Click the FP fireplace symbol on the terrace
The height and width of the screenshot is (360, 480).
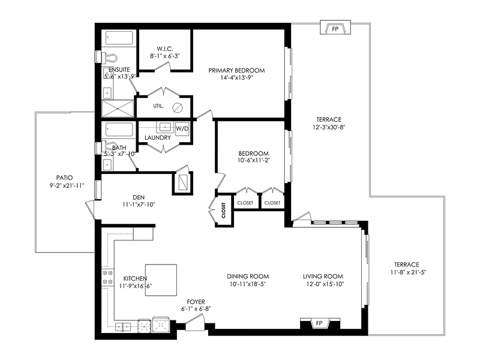335,28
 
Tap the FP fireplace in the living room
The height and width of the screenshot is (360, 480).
320,323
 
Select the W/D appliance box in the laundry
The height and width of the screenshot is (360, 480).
182,128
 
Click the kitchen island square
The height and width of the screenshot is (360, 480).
161,280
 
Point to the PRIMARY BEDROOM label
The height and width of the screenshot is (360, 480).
236,70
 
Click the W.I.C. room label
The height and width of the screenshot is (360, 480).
164,49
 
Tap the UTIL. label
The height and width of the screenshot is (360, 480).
158,106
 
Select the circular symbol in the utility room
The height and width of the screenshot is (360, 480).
178,107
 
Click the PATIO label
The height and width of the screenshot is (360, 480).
65,178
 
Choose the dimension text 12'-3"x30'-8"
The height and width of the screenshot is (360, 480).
329,127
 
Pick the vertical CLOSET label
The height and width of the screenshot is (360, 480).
223,211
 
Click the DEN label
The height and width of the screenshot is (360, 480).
139,197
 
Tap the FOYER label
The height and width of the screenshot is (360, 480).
196,302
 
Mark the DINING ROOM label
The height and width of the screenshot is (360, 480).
248,277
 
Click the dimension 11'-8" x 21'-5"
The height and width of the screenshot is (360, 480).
409,272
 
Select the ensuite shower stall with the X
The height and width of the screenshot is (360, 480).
118,109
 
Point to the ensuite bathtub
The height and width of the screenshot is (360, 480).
119,38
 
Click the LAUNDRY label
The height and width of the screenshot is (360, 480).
158,138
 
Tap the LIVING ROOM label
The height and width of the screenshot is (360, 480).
323,277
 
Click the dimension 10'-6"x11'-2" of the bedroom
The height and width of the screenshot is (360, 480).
254,160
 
